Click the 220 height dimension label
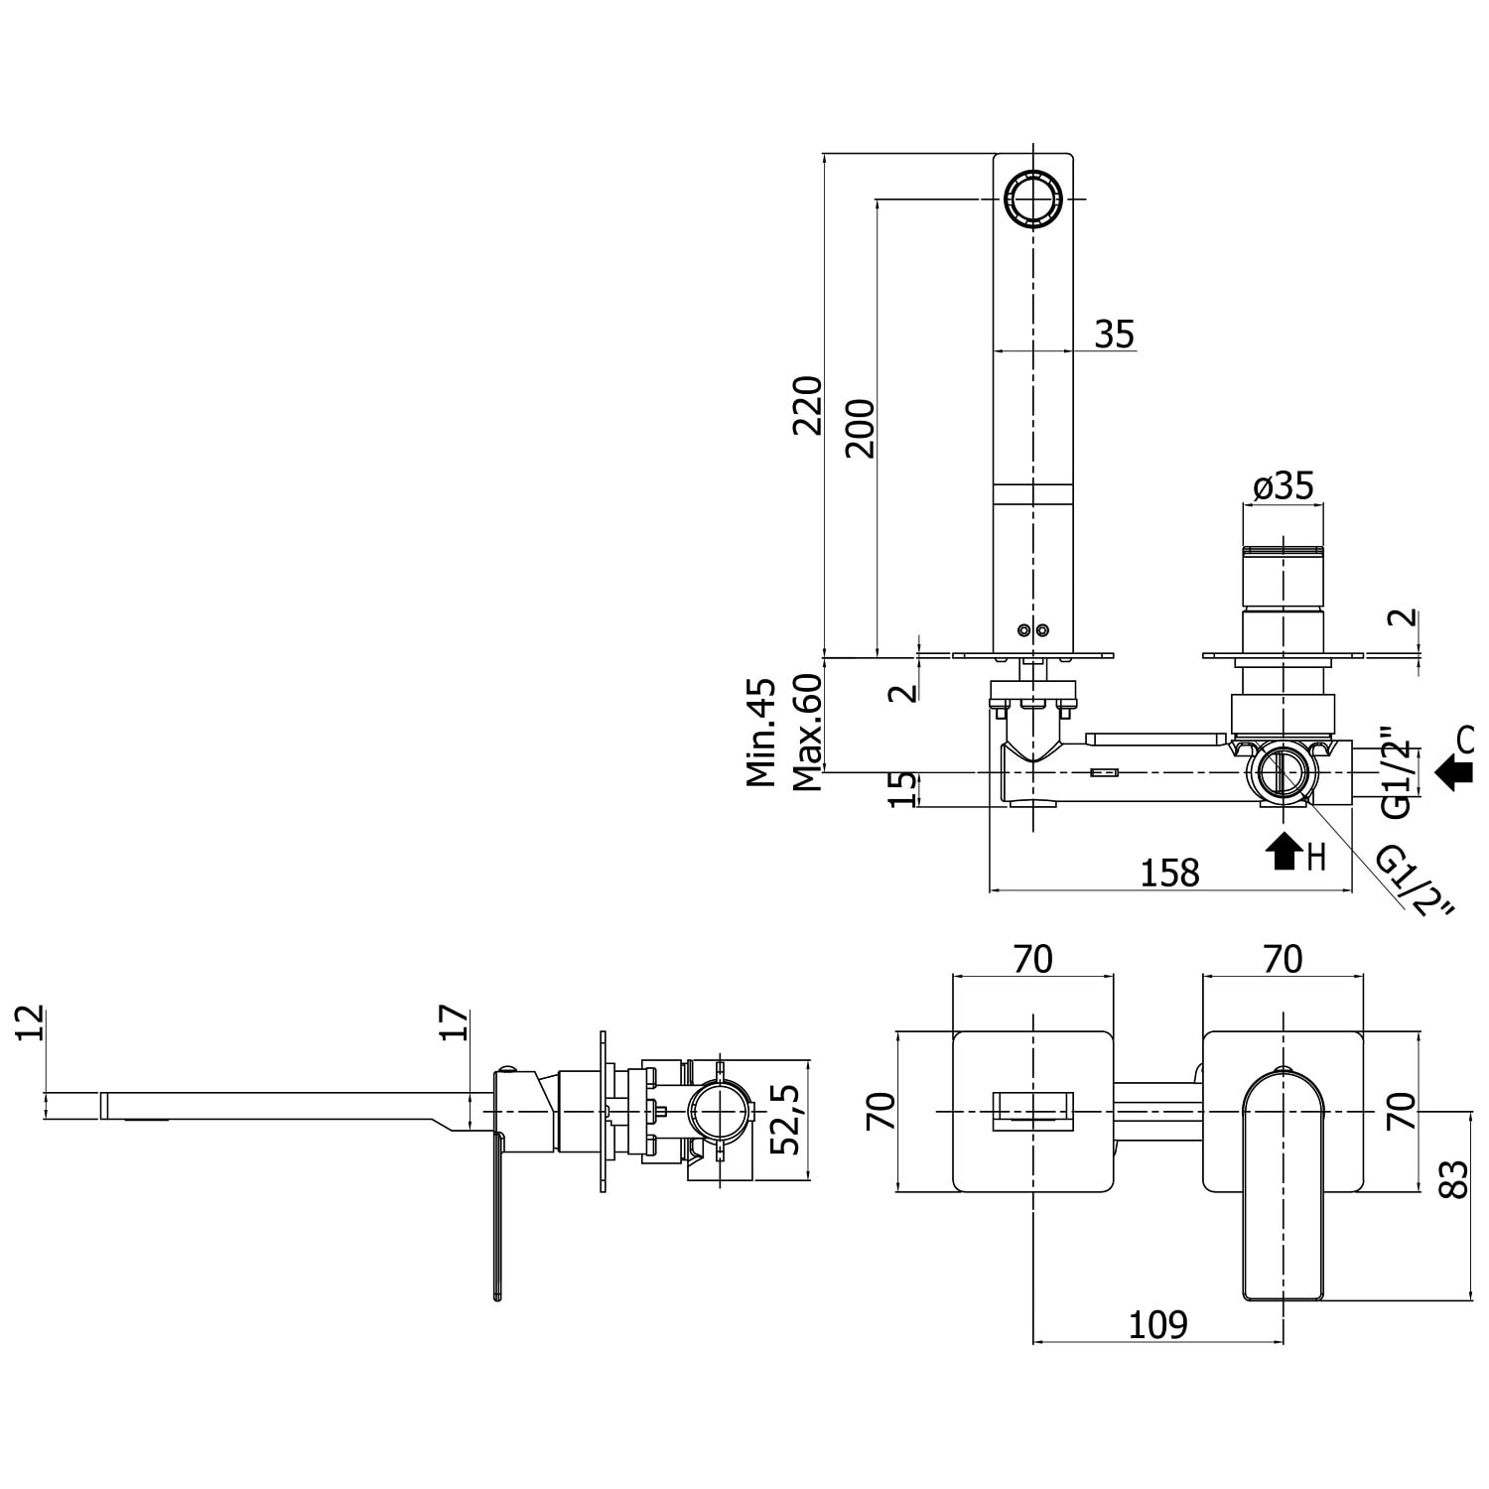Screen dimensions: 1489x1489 pos(808,405)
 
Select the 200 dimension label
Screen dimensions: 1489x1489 pos(860,428)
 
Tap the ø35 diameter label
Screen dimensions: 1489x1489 pos(1283,485)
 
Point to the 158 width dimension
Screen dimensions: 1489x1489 pos(1170,873)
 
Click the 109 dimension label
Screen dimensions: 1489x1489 pos(1157,1324)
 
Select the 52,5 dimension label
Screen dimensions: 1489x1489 pos(786,1119)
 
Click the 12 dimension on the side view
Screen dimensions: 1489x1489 pos(31,1022)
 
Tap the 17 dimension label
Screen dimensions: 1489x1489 pos(453,1022)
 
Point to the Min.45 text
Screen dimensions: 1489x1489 pos(761,733)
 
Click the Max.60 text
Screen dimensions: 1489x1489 pos(808,733)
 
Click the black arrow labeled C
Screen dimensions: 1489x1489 pos(1454,771)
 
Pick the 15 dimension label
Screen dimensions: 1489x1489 pos(901,789)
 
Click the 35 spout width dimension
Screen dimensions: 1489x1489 pos(1114,335)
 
